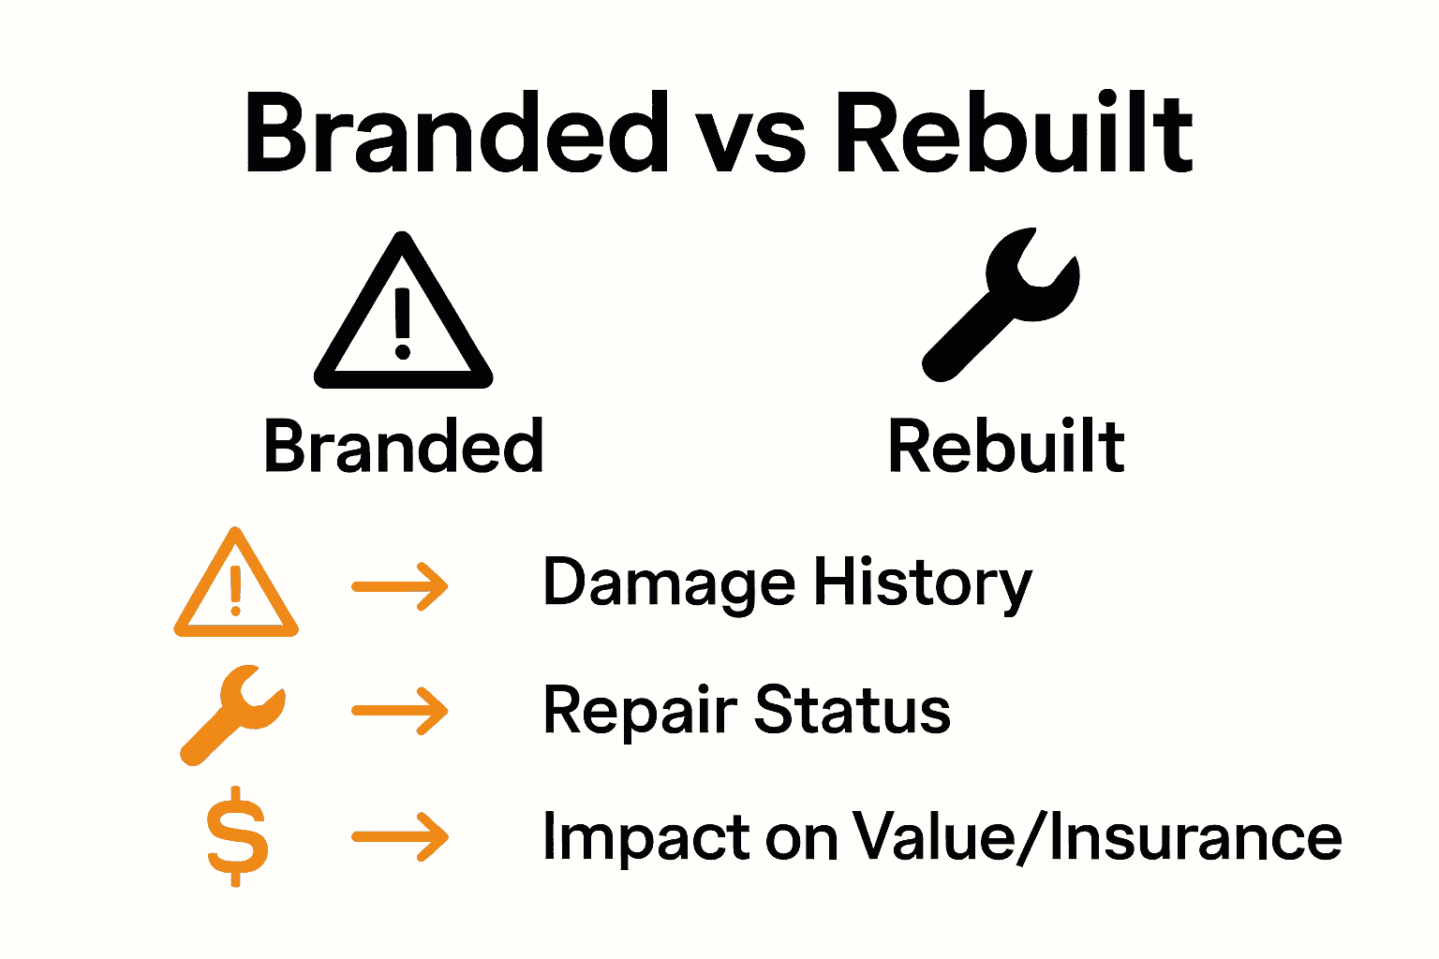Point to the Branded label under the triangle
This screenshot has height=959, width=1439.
click(403, 447)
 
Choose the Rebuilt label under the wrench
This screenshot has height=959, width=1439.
click(1005, 447)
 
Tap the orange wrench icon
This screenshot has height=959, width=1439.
click(231, 715)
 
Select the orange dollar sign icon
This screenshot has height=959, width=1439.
click(236, 836)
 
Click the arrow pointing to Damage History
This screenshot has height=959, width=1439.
click(400, 587)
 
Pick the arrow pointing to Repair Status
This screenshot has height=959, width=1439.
click(400, 712)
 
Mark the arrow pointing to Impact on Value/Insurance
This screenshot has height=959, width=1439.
click(400, 835)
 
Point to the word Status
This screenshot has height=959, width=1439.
click(853, 710)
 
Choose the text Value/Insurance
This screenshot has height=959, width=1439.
click(1096, 836)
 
